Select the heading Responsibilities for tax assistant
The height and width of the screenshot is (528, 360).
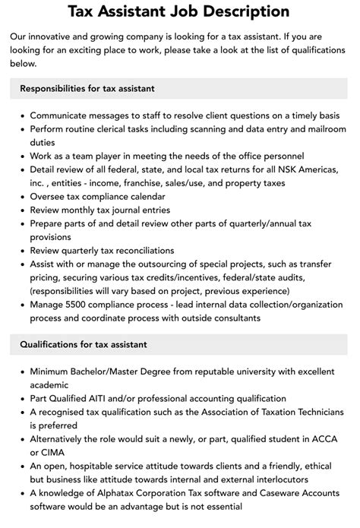click(x=87, y=89)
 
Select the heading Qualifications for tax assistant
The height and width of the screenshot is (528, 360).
click(x=83, y=344)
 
